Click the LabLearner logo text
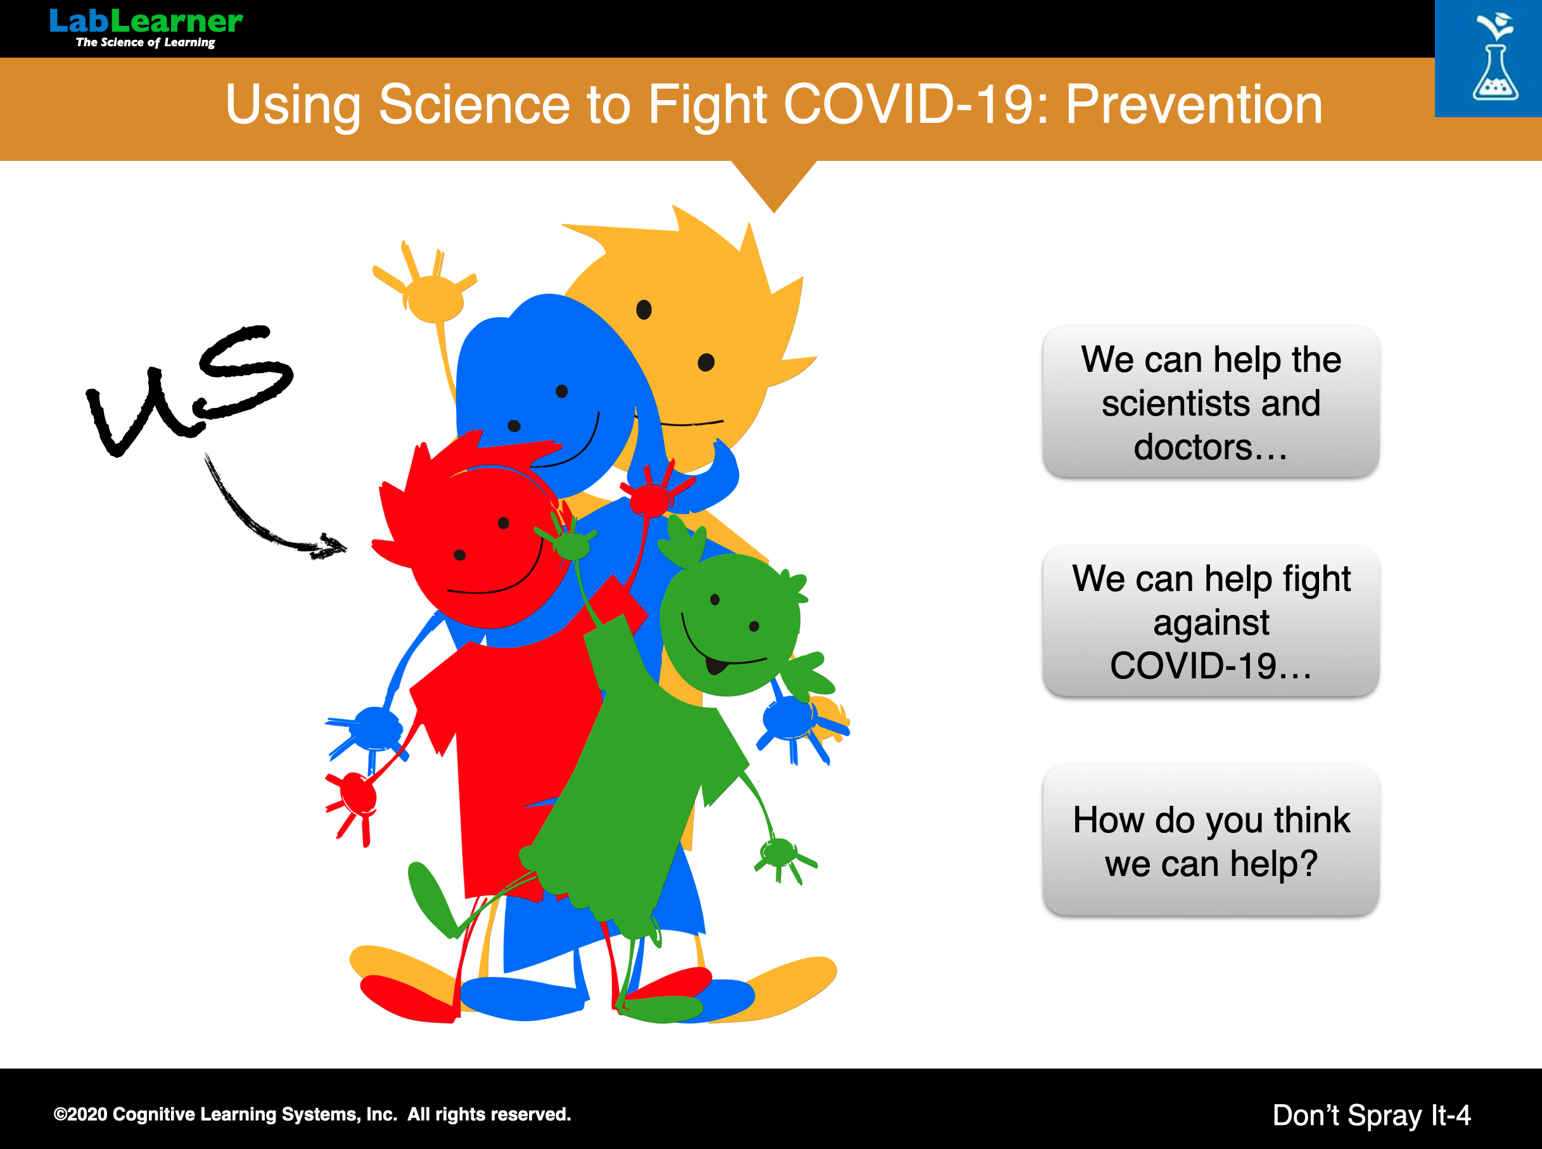146,21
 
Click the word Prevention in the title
1194,105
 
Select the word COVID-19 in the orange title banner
907,105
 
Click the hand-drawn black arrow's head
330,547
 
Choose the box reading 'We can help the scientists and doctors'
1211,402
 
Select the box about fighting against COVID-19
1211,621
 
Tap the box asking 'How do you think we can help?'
1211,840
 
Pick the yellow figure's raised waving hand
428,289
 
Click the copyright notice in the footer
312,1114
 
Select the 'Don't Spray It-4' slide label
1372,1115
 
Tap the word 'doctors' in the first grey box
1211,447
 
